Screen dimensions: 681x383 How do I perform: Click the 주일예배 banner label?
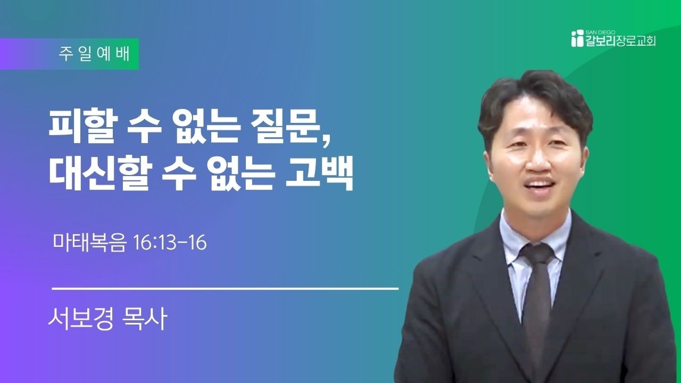(x=94, y=54)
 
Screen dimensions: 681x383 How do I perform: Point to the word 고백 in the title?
(x=319, y=173)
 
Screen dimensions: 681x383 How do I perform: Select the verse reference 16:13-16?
(x=170, y=243)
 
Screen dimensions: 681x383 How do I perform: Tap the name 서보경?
(x=80, y=319)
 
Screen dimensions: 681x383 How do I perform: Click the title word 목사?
(x=144, y=319)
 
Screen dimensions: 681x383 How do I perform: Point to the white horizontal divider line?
(x=225, y=288)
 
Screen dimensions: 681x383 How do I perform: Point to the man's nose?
(x=539, y=161)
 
